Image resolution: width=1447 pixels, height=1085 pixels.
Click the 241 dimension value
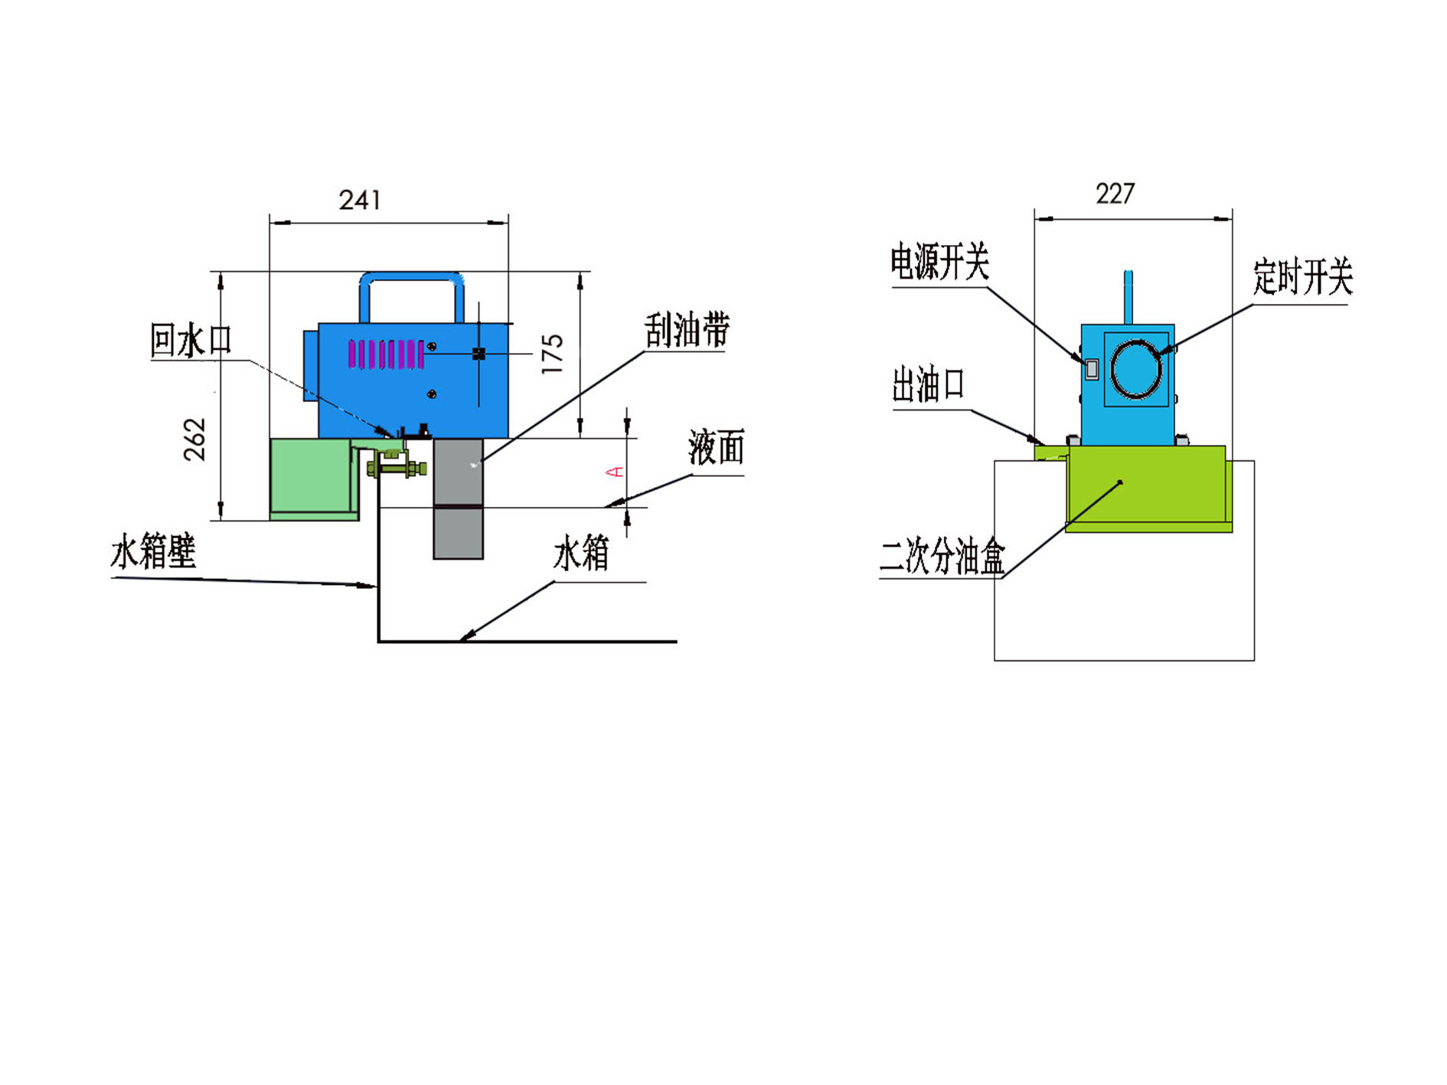point(360,200)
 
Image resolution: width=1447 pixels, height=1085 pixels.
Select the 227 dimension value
point(1115,194)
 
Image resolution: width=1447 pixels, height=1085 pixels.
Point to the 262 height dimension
point(194,439)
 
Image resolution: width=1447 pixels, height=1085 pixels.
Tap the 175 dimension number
point(552,354)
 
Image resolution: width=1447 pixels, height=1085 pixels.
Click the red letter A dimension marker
point(615,472)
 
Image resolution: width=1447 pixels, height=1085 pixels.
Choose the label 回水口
point(191,340)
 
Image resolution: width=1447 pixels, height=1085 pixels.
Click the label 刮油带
point(687,330)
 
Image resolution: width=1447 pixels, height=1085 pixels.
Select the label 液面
point(717,447)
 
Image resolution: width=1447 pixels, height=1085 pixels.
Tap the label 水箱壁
point(154,551)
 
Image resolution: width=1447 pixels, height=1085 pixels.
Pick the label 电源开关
point(939,263)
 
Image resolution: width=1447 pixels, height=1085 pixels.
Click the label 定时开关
point(1302,276)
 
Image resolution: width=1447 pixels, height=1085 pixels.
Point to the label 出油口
point(928,384)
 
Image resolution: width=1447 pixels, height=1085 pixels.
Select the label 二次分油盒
point(942,556)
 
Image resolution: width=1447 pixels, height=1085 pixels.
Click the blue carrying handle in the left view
point(412,276)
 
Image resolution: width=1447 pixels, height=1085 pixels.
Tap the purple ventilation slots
point(387,355)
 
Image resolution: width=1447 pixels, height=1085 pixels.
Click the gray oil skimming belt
point(458,498)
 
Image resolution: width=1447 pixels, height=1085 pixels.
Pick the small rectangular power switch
point(1092,369)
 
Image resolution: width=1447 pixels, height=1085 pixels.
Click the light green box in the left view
point(315,479)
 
